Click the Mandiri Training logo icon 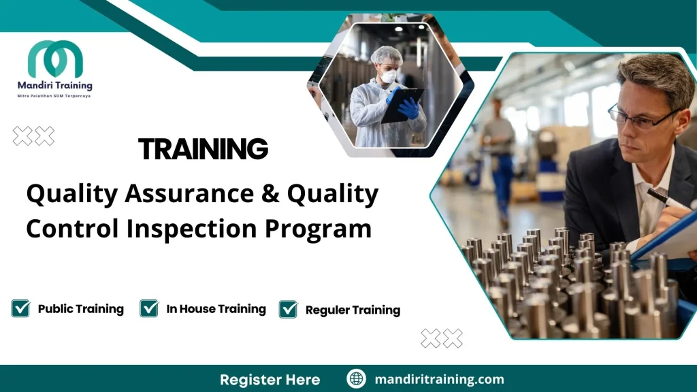point(55,59)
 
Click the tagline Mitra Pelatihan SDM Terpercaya point(54,96)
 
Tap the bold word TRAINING point(203,148)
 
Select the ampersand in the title point(266,195)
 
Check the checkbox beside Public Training point(20,308)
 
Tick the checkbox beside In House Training point(149,308)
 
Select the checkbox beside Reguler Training point(289,309)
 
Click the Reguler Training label point(353,310)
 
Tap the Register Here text point(270,379)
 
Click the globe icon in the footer point(356,379)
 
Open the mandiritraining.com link point(439,379)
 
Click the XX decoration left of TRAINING point(33,136)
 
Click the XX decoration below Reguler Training point(442,338)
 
